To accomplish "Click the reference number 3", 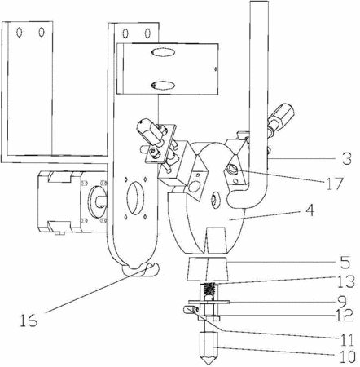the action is pos(346,158).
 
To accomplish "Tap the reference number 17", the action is pos(335,183).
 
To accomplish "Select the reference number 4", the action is pos(310,210).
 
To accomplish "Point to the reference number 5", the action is pos(345,262).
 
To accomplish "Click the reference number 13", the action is pos(346,281).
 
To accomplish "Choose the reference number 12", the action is pos(345,315).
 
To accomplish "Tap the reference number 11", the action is pos(346,339).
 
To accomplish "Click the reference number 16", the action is pos(29,320).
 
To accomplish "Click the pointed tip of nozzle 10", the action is pos(209,364).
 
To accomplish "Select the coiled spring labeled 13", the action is pos(209,290).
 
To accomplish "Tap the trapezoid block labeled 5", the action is pos(208,269).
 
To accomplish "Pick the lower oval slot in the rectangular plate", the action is pos(163,86).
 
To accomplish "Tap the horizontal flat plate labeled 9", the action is pos(209,302).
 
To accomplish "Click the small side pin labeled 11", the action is pos(191,310).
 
